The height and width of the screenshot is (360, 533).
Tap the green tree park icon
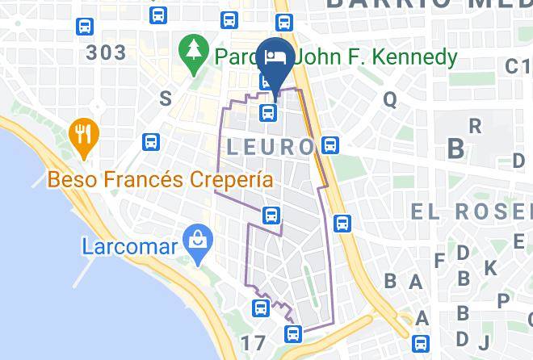[x=194, y=55]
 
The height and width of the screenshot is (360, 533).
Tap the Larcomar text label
[x=128, y=245]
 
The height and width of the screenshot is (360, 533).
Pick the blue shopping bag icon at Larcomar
[x=195, y=239]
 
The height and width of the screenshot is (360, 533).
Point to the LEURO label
[x=270, y=147]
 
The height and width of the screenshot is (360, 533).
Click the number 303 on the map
[x=106, y=53]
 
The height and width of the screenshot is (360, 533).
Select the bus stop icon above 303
[x=84, y=27]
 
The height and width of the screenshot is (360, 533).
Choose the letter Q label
[x=390, y=99]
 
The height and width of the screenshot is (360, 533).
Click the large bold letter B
[x=456, y=149]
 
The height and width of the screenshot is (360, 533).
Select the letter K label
[x=491, y=268]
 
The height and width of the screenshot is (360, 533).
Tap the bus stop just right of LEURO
[x=329, y=145]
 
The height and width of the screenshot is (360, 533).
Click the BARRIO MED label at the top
[x=428, y=5]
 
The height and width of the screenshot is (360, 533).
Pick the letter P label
[x=504, y=300]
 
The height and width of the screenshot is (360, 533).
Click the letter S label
[x=166, y=98]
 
